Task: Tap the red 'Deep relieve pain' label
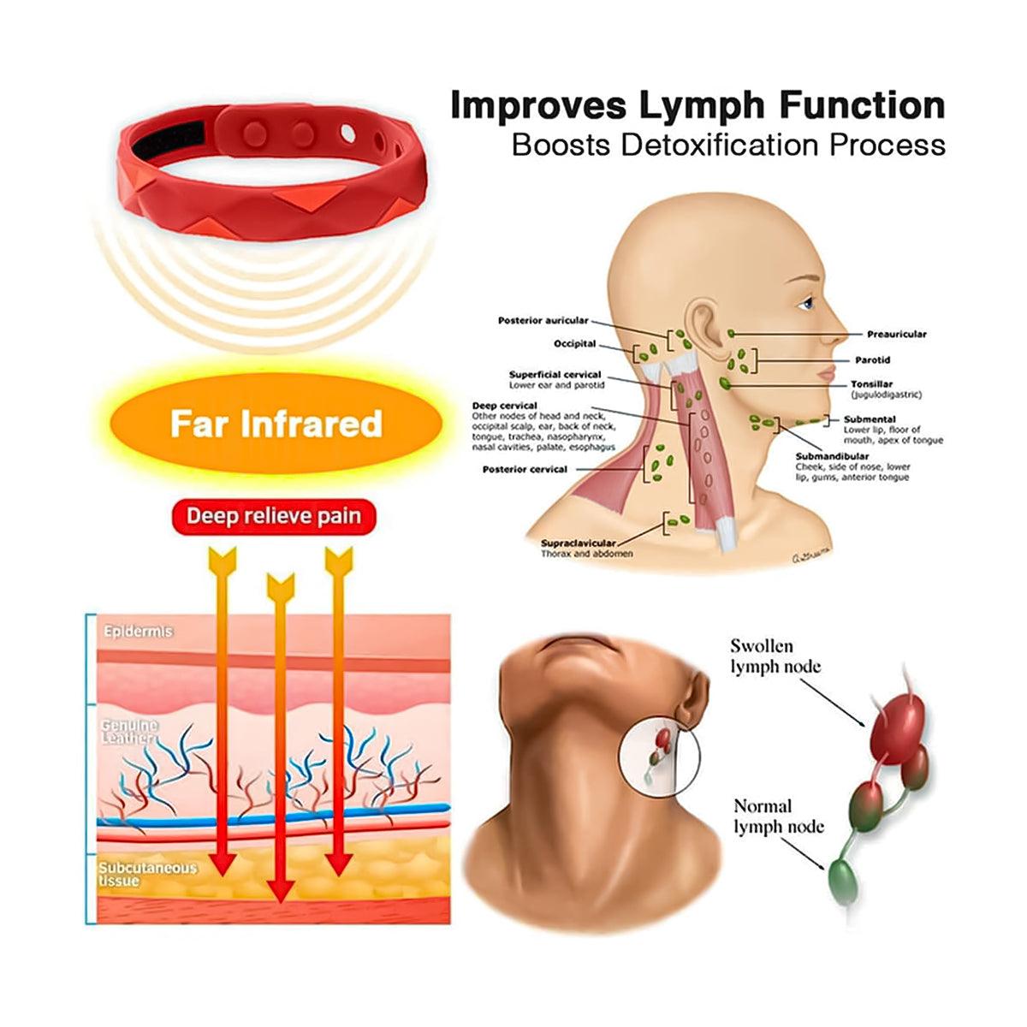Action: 274,517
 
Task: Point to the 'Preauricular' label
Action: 896,335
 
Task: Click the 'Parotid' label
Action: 872,360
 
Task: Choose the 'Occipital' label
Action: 574,344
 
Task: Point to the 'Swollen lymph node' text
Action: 775,656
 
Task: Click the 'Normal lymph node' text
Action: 778,816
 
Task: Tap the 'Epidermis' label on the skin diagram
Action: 138,632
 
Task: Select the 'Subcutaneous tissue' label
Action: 146,873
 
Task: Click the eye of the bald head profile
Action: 806,303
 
